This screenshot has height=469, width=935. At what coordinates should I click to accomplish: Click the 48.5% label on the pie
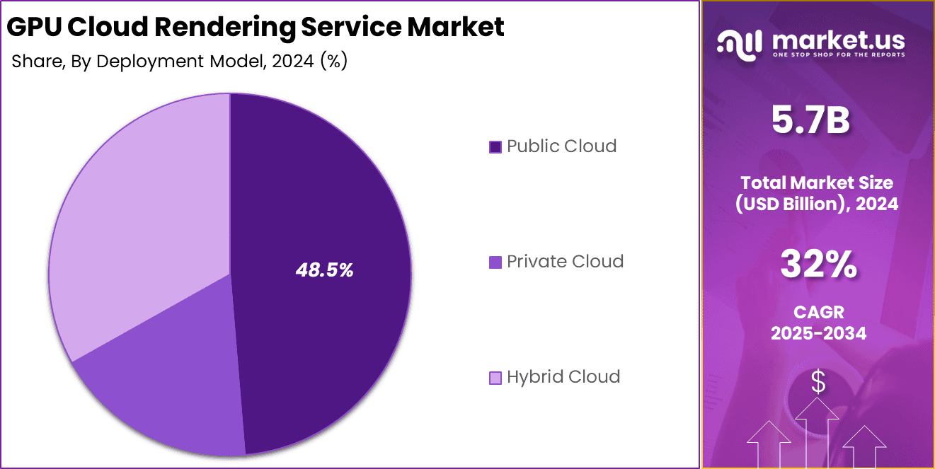coord(324,270)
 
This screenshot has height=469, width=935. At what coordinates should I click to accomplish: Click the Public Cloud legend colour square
coord(495,147)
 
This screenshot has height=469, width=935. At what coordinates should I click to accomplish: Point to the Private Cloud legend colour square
coord(495,262)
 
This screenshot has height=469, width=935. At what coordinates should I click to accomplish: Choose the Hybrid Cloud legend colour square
coord(495,378)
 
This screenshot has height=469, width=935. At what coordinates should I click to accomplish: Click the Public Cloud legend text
coord(561,146)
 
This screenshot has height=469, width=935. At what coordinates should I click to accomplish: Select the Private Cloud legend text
coord(565,262)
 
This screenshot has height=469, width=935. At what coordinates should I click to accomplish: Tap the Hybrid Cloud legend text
coord(563,377)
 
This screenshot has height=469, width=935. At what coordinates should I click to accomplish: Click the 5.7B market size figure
coord(810,121)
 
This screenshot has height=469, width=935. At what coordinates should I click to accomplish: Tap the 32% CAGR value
coord(818,265)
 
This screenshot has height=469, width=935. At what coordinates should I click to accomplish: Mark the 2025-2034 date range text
coord(818,333)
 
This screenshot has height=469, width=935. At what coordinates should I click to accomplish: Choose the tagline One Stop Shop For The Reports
coord(839,54)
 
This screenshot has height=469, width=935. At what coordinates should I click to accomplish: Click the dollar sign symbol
coord(818,383)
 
